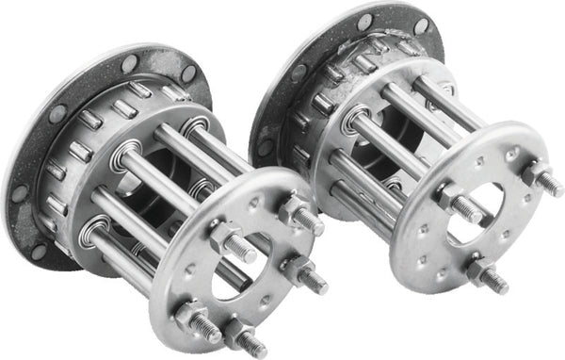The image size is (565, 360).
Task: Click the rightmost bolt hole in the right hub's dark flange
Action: pyautogui.click(x=421, y=26)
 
